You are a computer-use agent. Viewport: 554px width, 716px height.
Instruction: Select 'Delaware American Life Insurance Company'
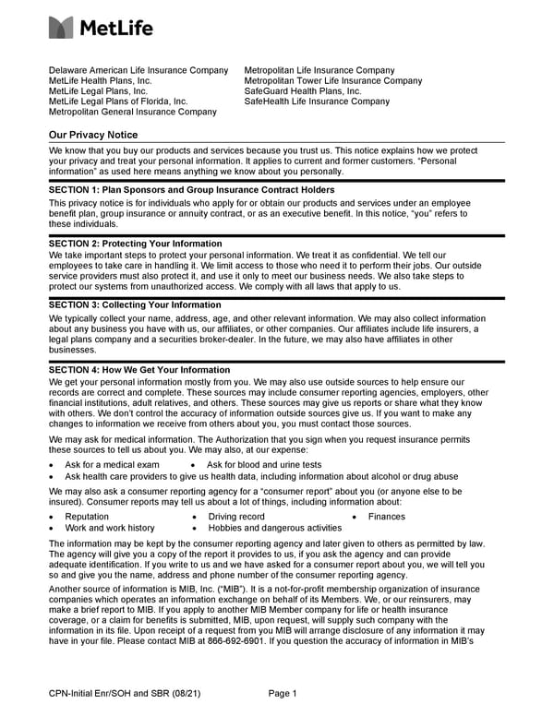point(138,70)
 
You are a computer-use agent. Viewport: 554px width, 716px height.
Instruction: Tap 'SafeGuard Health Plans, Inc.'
point(303,91)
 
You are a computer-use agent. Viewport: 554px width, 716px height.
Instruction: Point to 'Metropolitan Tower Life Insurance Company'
point(332,81)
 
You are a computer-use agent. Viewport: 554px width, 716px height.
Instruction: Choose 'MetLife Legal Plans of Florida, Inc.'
point(118,101)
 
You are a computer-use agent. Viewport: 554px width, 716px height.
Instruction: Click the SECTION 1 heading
point(191,190)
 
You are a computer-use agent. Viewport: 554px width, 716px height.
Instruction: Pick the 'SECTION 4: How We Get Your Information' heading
point(139,370)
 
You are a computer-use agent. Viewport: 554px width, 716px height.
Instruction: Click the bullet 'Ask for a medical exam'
point(112,465)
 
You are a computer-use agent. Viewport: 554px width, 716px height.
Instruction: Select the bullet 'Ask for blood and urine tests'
point(264,465)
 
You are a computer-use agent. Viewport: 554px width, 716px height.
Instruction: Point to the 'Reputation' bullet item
point(87,517)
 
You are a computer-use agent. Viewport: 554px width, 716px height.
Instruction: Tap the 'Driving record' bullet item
point(236,517)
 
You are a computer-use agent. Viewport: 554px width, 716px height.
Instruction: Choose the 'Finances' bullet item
point(386,517)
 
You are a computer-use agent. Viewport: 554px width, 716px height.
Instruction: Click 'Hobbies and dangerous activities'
point(274,528)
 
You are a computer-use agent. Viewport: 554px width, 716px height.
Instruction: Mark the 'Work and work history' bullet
point(110,528)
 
